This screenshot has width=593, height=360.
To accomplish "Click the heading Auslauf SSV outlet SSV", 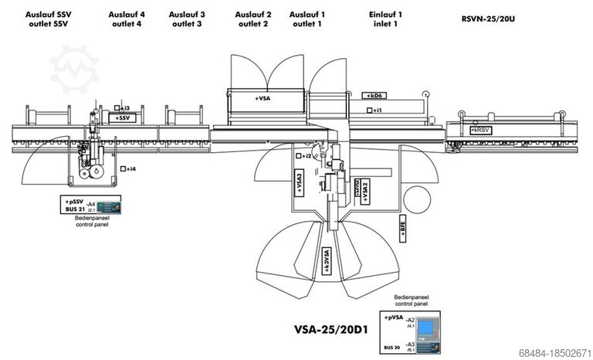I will [x=49, y=19].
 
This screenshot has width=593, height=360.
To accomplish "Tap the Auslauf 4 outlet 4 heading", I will [x=127, y=19].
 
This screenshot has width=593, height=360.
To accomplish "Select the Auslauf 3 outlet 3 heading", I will [x=187, y=19].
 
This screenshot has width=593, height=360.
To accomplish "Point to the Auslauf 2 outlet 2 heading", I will [x=253, y=19].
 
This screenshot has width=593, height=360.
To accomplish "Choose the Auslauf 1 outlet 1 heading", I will [x=307, y=19].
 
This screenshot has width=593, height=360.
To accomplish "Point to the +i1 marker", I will [x=375, y=111].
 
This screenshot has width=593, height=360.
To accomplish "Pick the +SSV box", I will [x=124, y=118].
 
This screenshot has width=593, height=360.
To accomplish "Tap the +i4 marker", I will [x=128, y=168].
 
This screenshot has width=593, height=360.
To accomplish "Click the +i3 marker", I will [x=122, y=108].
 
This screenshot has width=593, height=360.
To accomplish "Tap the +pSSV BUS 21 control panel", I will [x=92, y=205].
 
